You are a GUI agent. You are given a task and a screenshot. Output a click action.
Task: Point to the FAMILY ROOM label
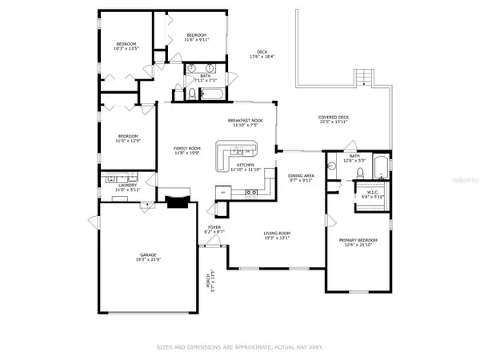point(187,150)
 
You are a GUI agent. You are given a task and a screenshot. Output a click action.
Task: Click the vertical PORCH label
point(210,283)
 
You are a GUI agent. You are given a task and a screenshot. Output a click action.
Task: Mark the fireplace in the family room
point(178,202)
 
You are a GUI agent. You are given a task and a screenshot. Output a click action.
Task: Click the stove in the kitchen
point(253,193)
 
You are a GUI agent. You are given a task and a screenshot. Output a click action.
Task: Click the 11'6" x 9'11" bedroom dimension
point(197,38)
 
